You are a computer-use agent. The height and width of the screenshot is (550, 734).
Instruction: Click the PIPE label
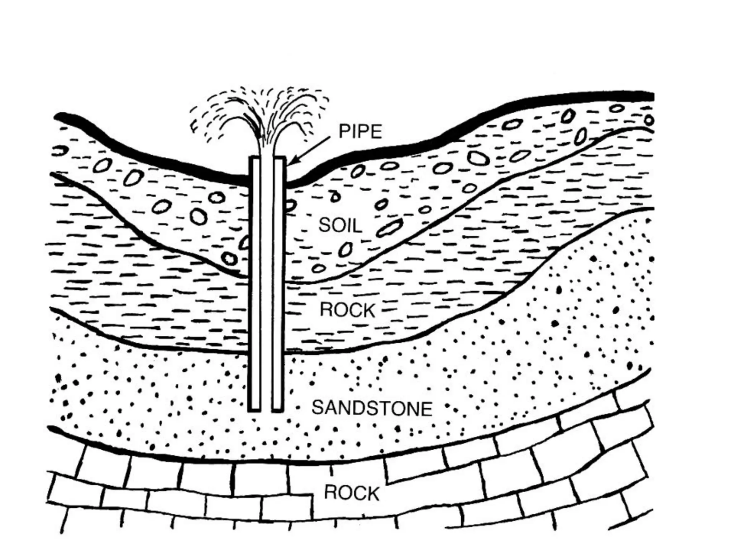(360, 132)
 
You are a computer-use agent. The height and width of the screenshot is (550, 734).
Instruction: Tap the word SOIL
(340, 225)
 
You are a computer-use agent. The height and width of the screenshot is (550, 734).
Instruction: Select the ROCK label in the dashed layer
(347, 310)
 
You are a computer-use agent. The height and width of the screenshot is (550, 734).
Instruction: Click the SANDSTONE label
(372, 408)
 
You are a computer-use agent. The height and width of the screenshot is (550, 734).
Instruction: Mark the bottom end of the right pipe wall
(278, 409)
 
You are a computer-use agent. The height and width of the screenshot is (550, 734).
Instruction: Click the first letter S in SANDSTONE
(318, 408)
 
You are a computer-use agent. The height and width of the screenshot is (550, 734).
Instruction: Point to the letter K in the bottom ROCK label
(373, 493)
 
